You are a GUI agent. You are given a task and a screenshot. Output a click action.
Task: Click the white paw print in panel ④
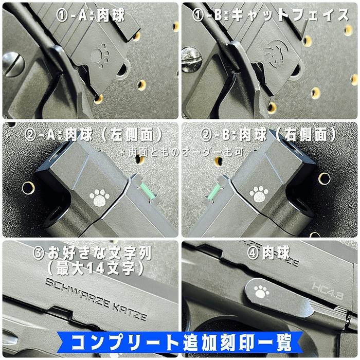pos(261,292)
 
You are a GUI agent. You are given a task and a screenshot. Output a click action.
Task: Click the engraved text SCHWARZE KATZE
pos(97,299)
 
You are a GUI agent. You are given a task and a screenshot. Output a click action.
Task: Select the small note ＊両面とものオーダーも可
pos(180,152)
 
